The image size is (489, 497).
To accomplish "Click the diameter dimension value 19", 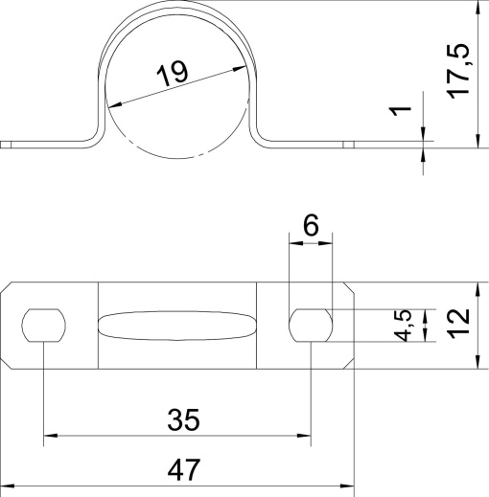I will pos(173,75).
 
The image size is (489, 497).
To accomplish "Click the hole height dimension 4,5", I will pos(406,325).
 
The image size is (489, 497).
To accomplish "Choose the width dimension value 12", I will pos(459,324).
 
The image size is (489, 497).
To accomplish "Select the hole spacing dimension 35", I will pos(182,419).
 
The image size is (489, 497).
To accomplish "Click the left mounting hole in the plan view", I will pos(44,326).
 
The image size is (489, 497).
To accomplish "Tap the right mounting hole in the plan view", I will pos(312,326).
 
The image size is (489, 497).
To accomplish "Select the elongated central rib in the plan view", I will pos(178,326).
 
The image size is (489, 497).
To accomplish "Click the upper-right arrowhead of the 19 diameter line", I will pos(234,66).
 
